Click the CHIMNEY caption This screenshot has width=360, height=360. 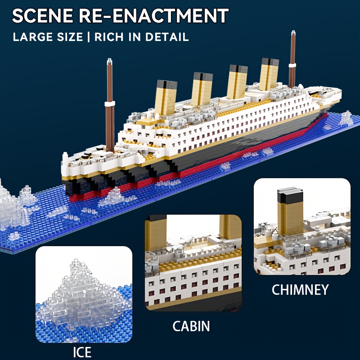click(x=300, y=289)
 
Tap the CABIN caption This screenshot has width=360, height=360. click(x=191, y=325)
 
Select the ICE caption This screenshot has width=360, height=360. click(x=82, y=351)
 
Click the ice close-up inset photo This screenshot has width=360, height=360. click(x=84, y=294)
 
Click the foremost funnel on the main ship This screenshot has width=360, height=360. click(x=166, y=97)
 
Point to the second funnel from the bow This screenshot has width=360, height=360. click(x=202, y=89)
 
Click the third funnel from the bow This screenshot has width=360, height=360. click(x=237, y=81)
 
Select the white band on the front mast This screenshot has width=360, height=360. click(x=109, y=104)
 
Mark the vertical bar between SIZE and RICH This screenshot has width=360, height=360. click(x=89, y=36)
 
